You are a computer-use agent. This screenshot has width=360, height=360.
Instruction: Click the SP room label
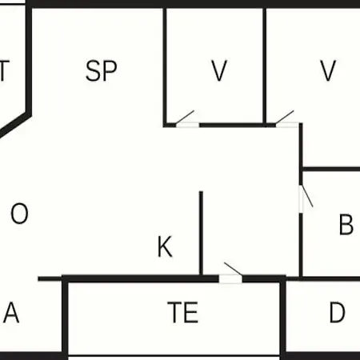pyautogui.click(x=102, y=70)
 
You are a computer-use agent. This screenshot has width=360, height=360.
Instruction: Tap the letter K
pyautogui.click(x=165, y=246)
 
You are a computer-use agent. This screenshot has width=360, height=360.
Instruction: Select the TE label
pyautogui.click(x=183, y=312)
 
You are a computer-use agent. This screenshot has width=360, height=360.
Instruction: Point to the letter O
pyautogui.click(x=19, y=213)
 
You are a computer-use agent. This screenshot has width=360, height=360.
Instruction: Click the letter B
pyautogui.click(x=346, y=224)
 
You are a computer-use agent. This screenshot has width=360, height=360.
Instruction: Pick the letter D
pyautogui.click(x=338, y=312)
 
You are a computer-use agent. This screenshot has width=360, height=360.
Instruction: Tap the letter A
pyautogui.click(x=11, y=312)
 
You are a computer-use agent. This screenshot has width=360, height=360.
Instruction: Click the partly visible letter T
pyautogui.click(x=5, y=70)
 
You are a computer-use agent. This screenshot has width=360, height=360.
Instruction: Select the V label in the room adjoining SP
pyautogui.click(x=219, y=70)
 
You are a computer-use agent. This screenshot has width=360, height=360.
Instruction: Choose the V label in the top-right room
pyautogui.click(x=328, y=70)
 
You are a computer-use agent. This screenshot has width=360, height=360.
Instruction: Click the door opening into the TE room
pyautogui.click(x=230, y=279)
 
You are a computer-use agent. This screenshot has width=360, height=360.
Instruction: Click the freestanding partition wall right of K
pyautogui.click(x=201, y=233)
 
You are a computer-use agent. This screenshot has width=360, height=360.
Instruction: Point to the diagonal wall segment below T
pyautogui.click(x=14, y=125)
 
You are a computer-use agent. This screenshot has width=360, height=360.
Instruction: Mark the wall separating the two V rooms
pyautogui.click(x=264, y=66)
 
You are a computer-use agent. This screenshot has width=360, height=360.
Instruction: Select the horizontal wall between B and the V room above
pyautogui.click(x=331, y=169)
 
